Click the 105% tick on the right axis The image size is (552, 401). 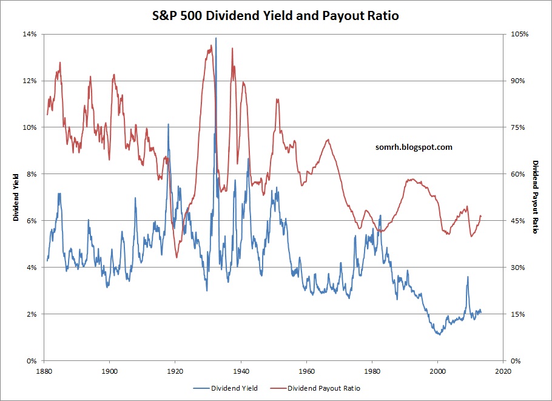519,34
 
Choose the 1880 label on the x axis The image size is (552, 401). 43,369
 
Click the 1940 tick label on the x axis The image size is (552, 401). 241,369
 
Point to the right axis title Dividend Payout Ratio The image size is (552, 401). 536,197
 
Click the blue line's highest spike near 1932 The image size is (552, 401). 216,38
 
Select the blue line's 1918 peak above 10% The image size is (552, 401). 168,124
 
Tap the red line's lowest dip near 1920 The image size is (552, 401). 177,257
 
